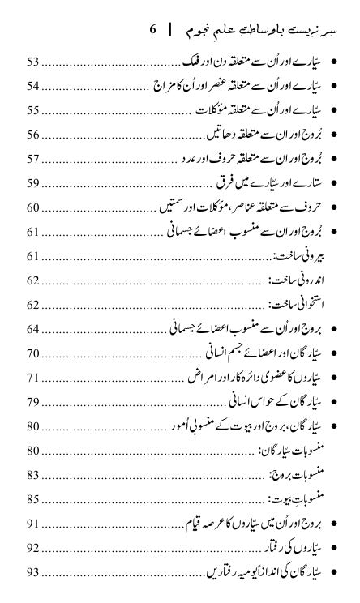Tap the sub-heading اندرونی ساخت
pyautogui.click(x=295, y=280)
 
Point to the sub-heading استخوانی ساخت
pyautogui.click(x=294, y=305)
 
